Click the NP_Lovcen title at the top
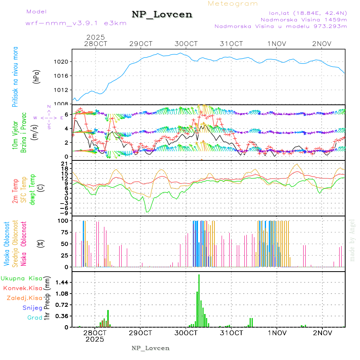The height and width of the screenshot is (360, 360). pos(162,15)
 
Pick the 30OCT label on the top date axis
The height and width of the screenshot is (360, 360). pos(186,44)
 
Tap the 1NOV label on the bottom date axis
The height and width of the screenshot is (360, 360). pos(277,333)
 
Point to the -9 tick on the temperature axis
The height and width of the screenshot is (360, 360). pos(64,212)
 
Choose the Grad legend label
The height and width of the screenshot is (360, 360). pos(35,318)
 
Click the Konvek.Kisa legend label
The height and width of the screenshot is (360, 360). pos(23,288)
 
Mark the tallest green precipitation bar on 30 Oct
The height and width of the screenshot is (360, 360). pos(199,300)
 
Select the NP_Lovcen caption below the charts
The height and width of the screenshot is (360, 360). pos(150,348)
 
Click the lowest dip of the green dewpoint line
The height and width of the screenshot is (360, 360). pos(147,212)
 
